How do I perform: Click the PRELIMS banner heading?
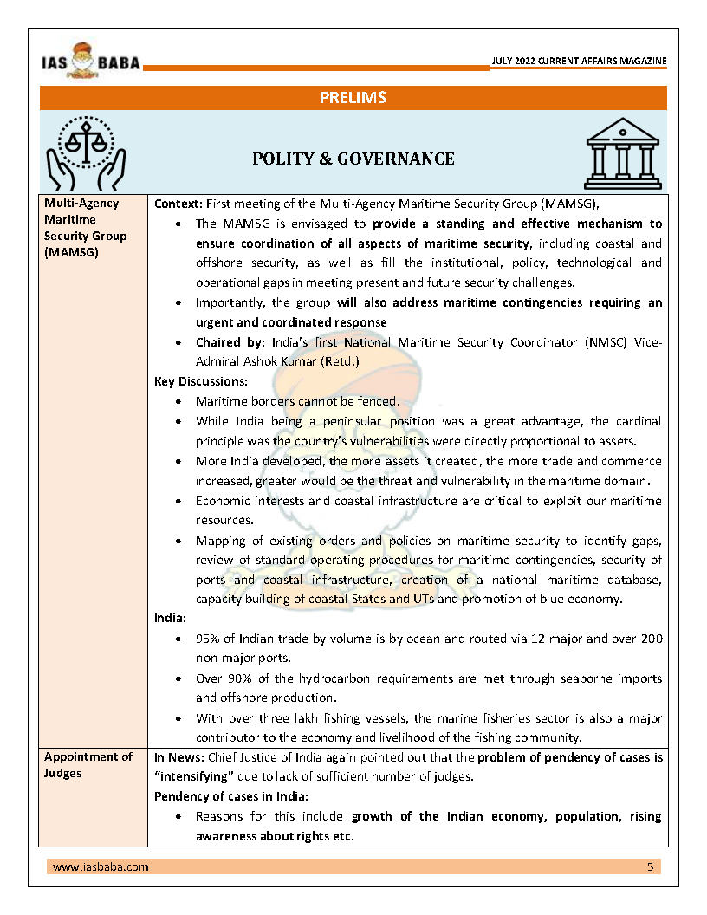coord(353,98)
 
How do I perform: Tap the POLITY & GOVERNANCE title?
coord(353,158)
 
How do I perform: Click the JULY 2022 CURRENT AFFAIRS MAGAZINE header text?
coord(579,62)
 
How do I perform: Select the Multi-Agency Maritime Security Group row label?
coord(85,228)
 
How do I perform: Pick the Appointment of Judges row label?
coord(88,764)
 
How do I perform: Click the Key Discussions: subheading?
coord(201,380)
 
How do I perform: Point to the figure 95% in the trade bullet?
coord(210,639)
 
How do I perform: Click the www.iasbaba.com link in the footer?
coord(101,866)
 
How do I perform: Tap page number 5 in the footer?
coord(651,866)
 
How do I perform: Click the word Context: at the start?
coord(178,203)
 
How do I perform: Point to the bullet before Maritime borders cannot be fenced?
coord(178,402)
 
